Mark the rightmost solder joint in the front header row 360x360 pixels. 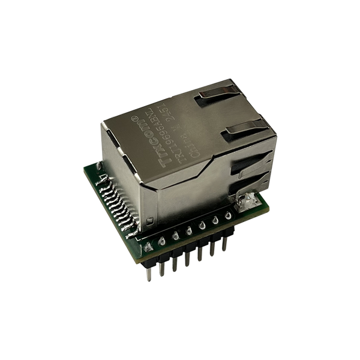point(227,216)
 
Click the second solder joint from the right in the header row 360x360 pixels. point(214,221)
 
